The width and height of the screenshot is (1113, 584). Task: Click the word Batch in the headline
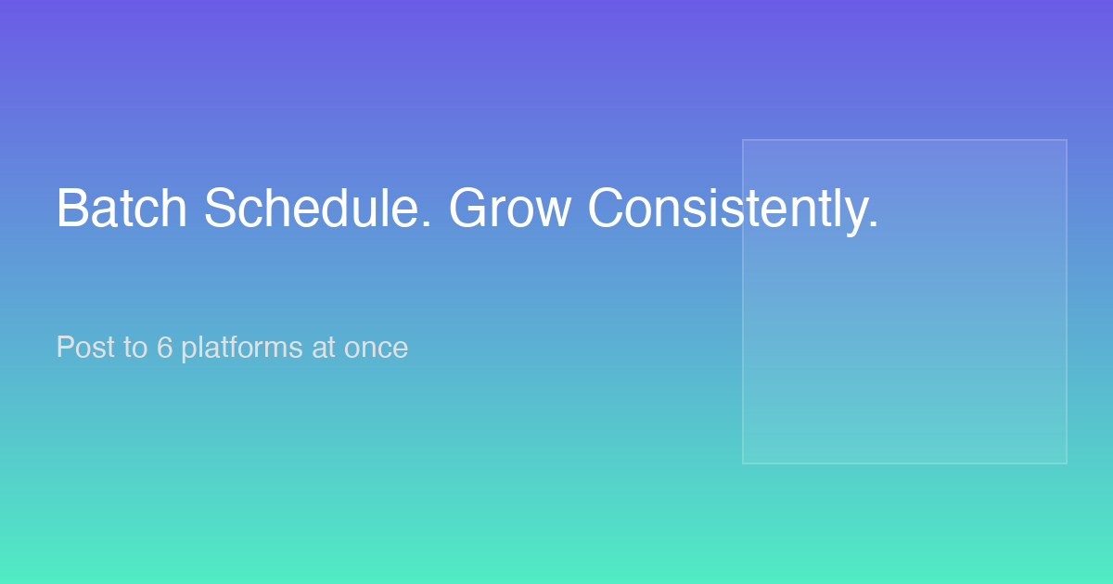click(122, 208)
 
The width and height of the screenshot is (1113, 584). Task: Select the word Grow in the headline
click(509, 208)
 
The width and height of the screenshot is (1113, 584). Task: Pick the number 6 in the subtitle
click(164, 347)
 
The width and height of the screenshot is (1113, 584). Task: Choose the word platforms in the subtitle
click(242, 349)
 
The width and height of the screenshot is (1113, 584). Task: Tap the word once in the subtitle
click(377, 349)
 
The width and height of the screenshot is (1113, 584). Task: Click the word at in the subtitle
click(324, 348)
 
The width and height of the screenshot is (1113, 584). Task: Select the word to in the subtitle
click(135, 348)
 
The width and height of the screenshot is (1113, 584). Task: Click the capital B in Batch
click(71, 208)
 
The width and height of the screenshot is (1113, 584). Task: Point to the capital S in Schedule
click(220, 208)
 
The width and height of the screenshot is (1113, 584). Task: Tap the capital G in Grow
click(468, 208)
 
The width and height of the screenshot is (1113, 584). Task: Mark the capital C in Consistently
click(607, 208)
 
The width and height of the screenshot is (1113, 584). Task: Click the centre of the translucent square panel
click(904, 302)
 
